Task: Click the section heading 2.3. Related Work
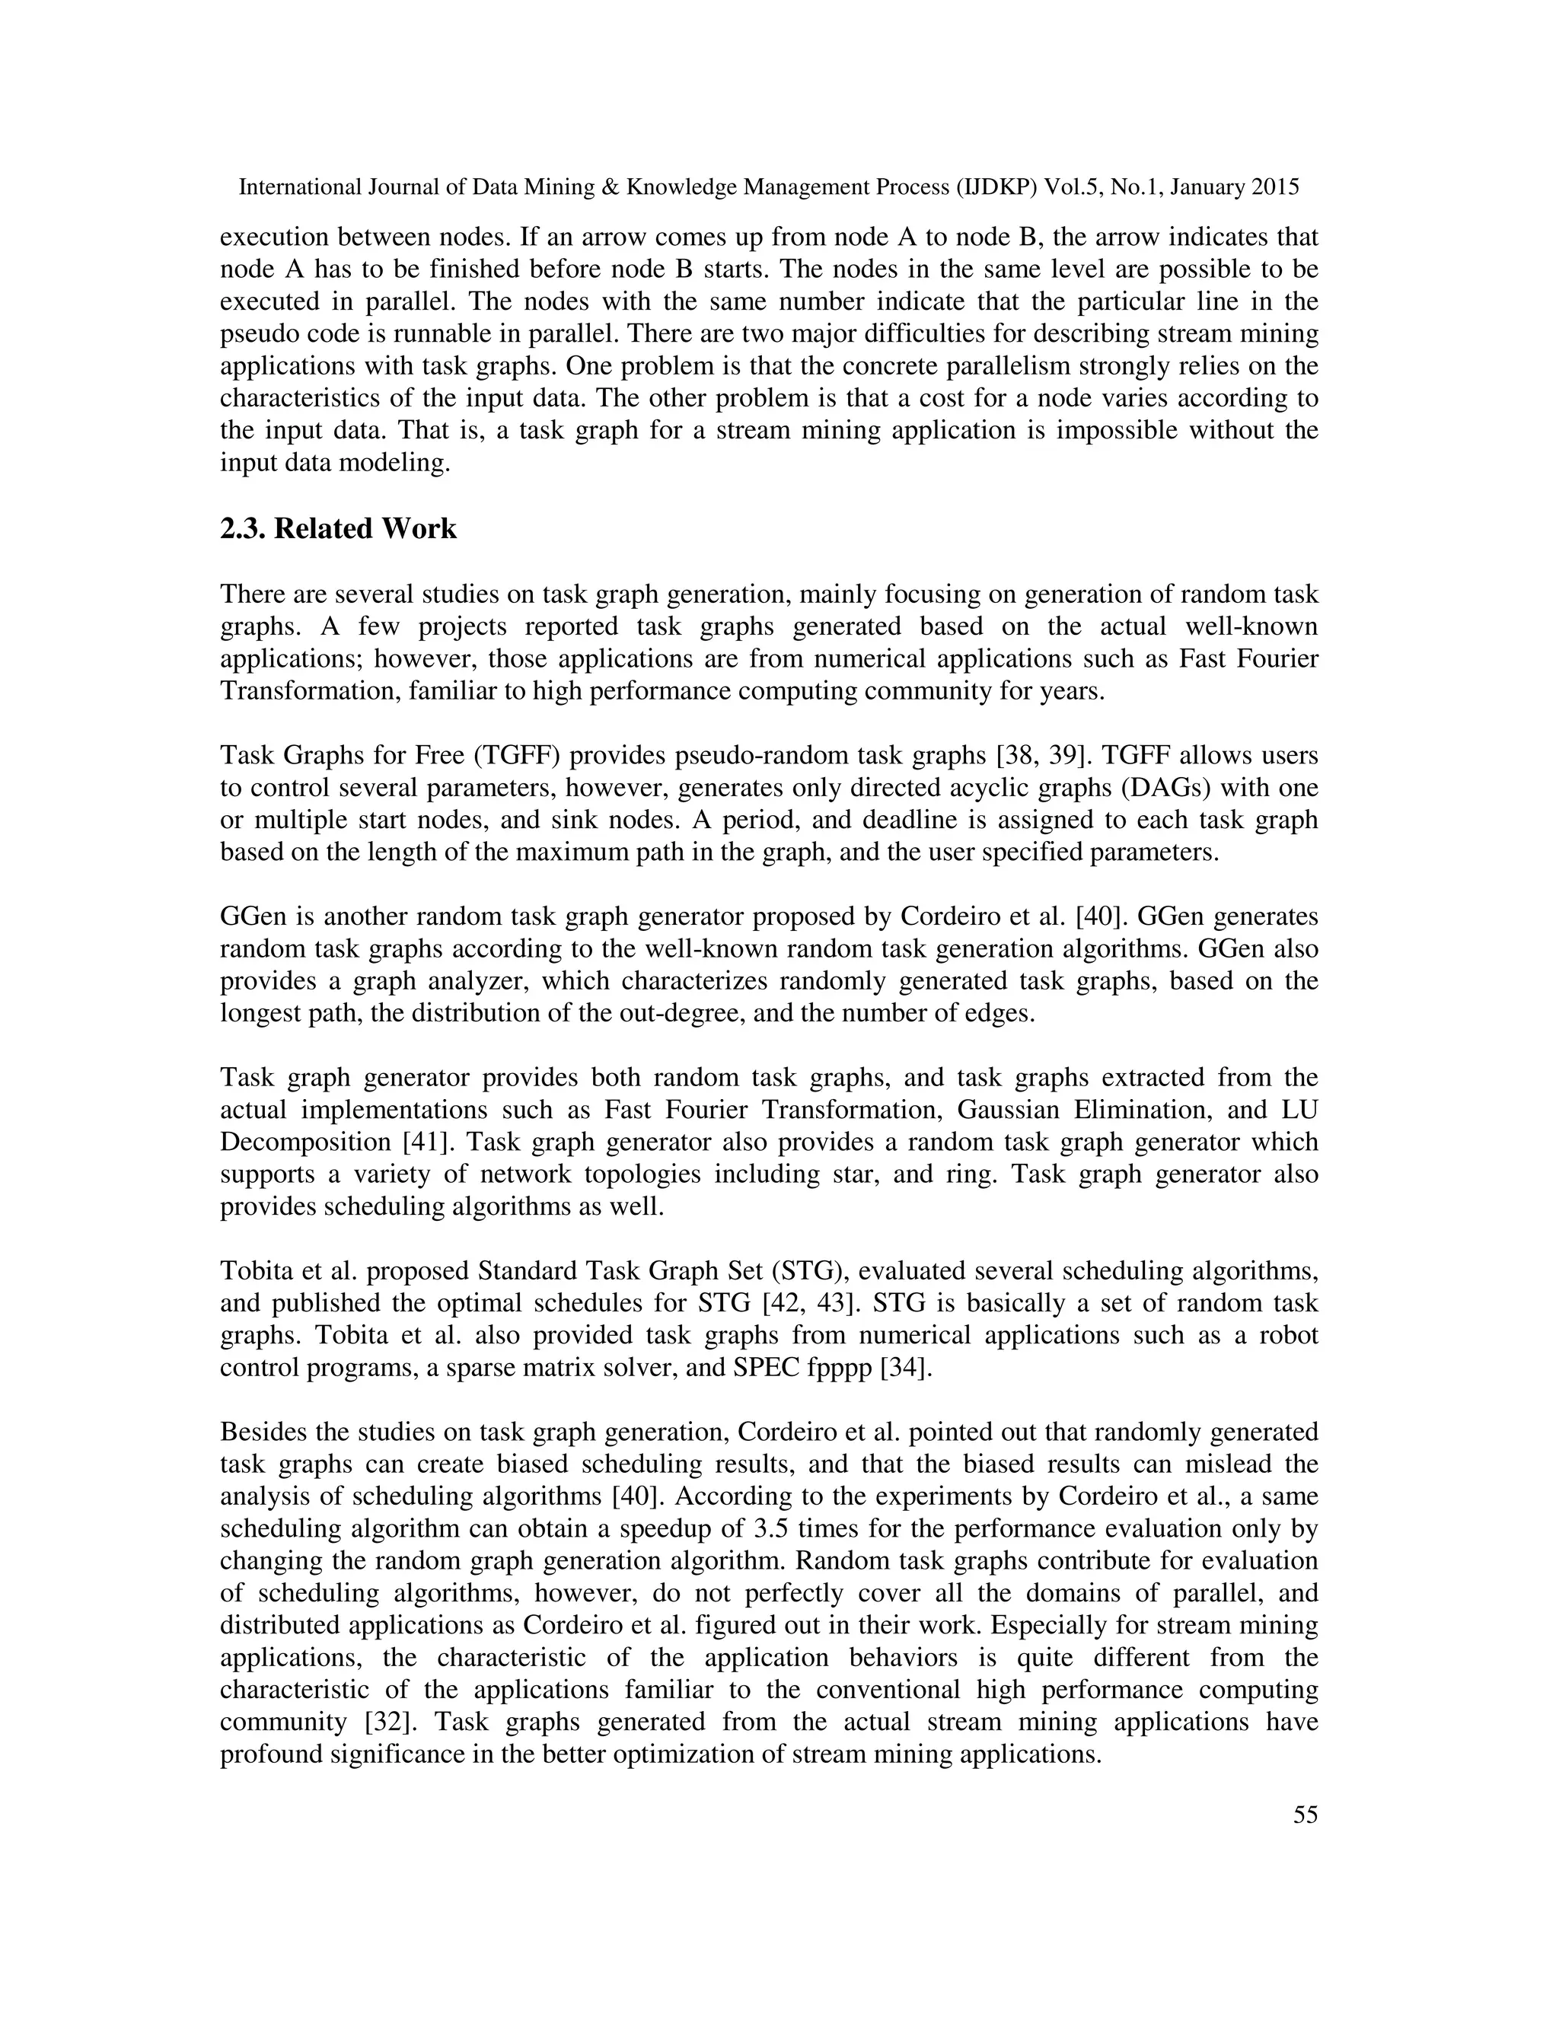click(338, 529)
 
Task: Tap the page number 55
click(1305, 1815)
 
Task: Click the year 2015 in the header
click(1276, 187)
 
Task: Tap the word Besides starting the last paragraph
click(264, 1432)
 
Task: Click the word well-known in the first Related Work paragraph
click(1251, 627)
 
